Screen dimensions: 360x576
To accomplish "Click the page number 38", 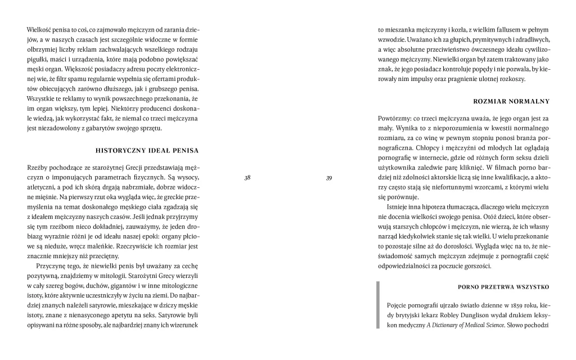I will click(247, 178).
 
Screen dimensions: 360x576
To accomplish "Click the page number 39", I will click(329, 178).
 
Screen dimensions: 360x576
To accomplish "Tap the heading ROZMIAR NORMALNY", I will click(512, 101).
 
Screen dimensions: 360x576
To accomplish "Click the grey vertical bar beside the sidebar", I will click(379, 305).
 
